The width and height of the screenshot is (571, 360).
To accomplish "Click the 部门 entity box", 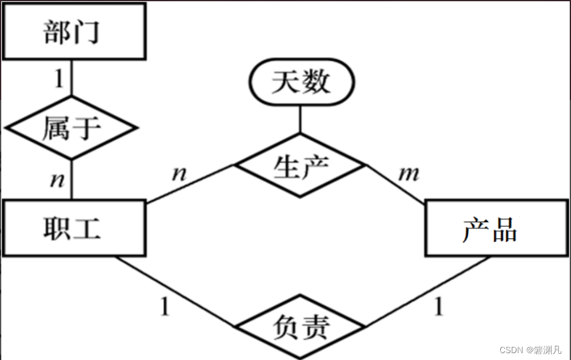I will (73, 32).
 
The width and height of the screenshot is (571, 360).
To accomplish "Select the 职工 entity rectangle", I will (73, 228).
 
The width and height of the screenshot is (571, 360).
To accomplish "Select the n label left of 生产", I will (179, 172).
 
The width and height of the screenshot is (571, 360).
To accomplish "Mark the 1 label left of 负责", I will (164, 305).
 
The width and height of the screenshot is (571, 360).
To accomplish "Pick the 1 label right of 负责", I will (439, 305).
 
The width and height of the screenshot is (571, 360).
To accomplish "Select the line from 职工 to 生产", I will (189, 184).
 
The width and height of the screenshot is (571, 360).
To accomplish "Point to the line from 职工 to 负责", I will (177, 292).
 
